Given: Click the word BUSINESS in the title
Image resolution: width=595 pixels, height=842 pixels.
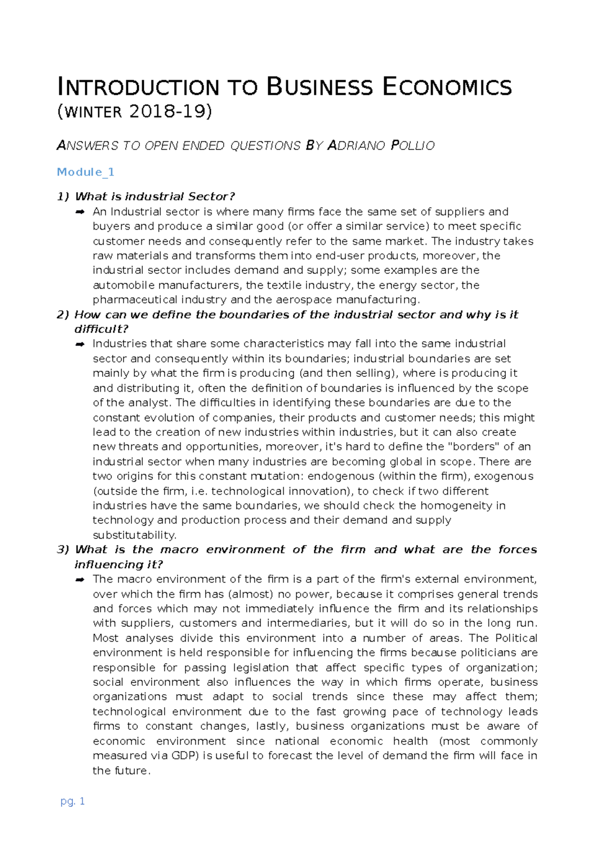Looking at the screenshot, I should tap(320, 87).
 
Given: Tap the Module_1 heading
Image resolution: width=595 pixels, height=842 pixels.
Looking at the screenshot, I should tap(86, 172).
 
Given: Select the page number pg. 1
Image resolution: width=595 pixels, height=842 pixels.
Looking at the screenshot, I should tap(72, 801).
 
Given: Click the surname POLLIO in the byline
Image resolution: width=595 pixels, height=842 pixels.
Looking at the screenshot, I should tap(413, 146).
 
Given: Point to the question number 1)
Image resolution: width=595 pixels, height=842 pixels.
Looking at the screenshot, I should tap(63, 196).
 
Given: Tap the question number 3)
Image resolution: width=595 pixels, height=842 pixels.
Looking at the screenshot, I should tap(63, 549).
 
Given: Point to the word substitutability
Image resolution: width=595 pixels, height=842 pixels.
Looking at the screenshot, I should tap(134, 535).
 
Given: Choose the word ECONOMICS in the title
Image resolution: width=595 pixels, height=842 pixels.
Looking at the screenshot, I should tap(447, 87).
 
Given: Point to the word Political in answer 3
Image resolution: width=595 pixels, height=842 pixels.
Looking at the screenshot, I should tap(516, 638).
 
